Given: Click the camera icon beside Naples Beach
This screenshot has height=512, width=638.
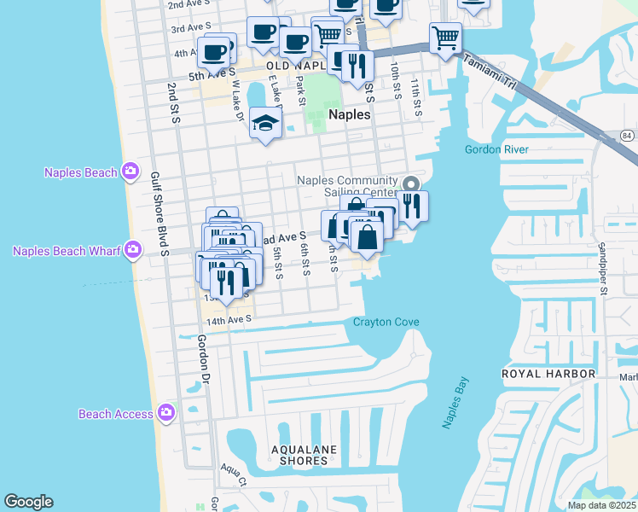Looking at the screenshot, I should (130, 172).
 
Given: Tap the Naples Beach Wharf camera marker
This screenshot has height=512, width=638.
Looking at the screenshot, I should (132, 250).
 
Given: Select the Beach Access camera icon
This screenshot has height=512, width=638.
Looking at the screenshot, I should (165, 414).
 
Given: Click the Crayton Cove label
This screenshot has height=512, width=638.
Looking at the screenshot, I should (386, 322).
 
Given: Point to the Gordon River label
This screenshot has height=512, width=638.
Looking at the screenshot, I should (496, 149).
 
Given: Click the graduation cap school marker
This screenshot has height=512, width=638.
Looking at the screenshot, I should (266, 125).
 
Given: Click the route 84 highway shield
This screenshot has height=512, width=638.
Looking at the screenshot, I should (627, 137).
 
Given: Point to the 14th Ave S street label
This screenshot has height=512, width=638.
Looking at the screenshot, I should (229, 320).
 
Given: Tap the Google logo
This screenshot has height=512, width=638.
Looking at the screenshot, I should (28, 502).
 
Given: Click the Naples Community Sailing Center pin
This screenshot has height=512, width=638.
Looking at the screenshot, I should (410, 183).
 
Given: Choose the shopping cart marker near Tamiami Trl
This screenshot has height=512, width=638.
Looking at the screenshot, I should (445, 38).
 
